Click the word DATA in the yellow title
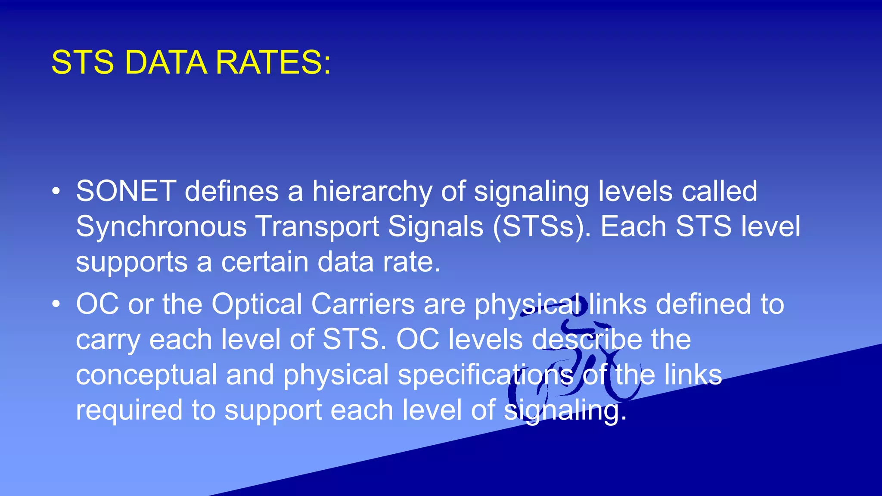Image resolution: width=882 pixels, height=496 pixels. point(165,63)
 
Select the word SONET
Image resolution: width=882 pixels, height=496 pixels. point(126,191)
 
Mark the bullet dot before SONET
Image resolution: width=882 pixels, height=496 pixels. point(56,191)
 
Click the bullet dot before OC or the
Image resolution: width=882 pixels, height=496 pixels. point(56,304)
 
